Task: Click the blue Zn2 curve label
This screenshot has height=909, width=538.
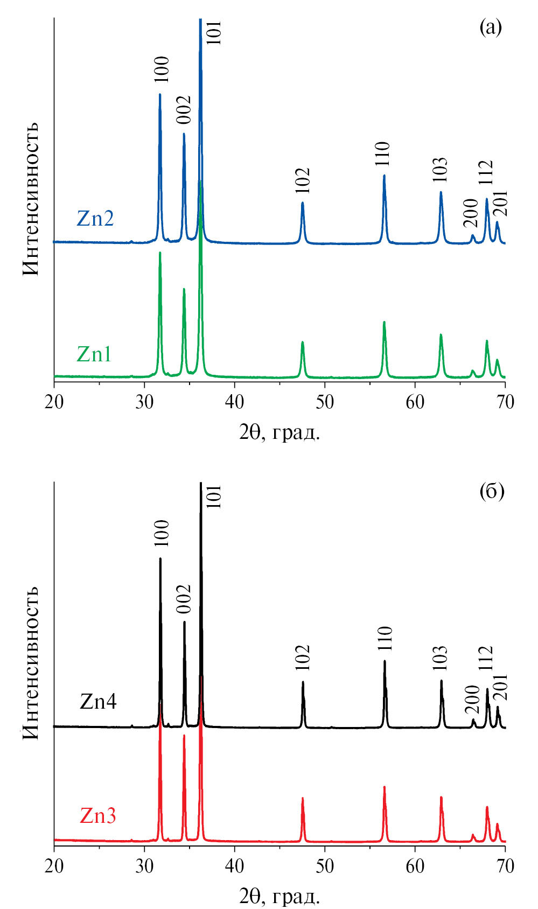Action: pyautogui.click(x=95, y=219)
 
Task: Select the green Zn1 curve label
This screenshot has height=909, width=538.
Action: pyautogui.click(x=94, y=354)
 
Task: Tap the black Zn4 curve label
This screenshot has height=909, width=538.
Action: pyautogui.click(x=98, y=701)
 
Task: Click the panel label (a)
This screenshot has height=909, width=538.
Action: pyautogui.click(x=490, y=27)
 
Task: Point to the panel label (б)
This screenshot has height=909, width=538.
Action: pyautogui.click(x=491, y=491)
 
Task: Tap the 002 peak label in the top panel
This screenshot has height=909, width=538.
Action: pyautogui.click(x=184, y=110)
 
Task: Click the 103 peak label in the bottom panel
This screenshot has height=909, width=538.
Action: pyautogui.click(x=440, y=658)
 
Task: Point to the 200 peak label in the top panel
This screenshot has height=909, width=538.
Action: pyautogui.click(x=471, y=213)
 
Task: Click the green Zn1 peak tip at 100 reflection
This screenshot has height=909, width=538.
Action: pyautogui.click(x=160, y=252)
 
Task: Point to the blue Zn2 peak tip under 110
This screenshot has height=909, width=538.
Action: pyautogui.click(x=384, y=175)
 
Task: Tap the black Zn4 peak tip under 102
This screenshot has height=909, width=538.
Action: pyautogui.click(x=303, y=682)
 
